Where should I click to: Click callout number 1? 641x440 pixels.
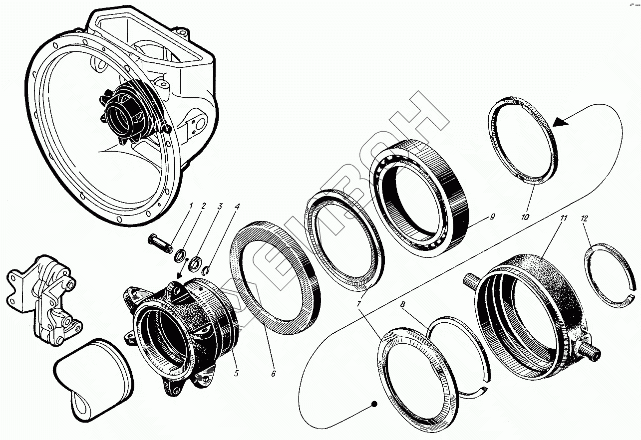[190, 206]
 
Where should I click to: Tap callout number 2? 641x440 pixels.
[203, 206]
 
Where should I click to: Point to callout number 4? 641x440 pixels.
[237, 206]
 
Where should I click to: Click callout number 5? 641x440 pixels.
[236, 373]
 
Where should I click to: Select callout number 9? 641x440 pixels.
[492, 217]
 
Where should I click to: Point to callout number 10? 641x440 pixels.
[525, 217]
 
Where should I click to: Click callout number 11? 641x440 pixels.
[564, 218]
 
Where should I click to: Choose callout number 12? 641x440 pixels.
[584, 218]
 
